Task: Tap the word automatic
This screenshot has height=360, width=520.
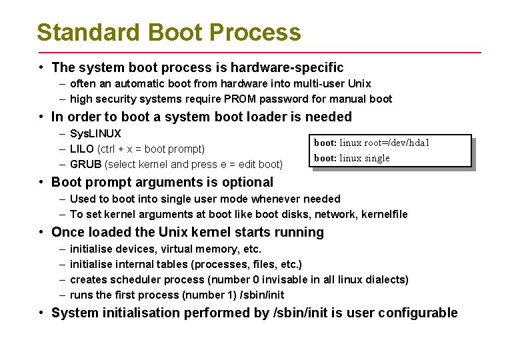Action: tap(138, 83)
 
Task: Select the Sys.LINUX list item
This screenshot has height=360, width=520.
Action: tap(95, 133)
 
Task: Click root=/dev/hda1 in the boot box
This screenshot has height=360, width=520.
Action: tap(397, 143)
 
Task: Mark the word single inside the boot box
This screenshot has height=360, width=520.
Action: tap(377, 158)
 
